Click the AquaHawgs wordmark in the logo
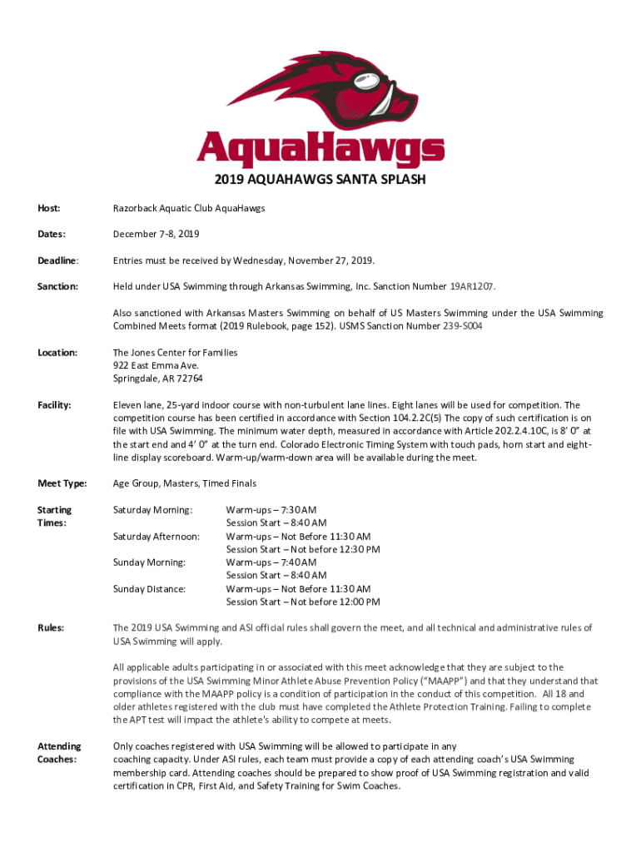point(320,150)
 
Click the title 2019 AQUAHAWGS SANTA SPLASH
point(320,180)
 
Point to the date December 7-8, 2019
point(157,235)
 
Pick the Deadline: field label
point(57,260)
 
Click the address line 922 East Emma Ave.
point(156,365)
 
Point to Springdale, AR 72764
point(158,379)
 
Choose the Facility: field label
point(55,405)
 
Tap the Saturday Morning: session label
point(152,509)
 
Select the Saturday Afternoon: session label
point(157,536)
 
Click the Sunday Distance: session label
point(149,588)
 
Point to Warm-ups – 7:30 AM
point(271,509)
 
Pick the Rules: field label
point(51,627)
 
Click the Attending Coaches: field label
point(59,752)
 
